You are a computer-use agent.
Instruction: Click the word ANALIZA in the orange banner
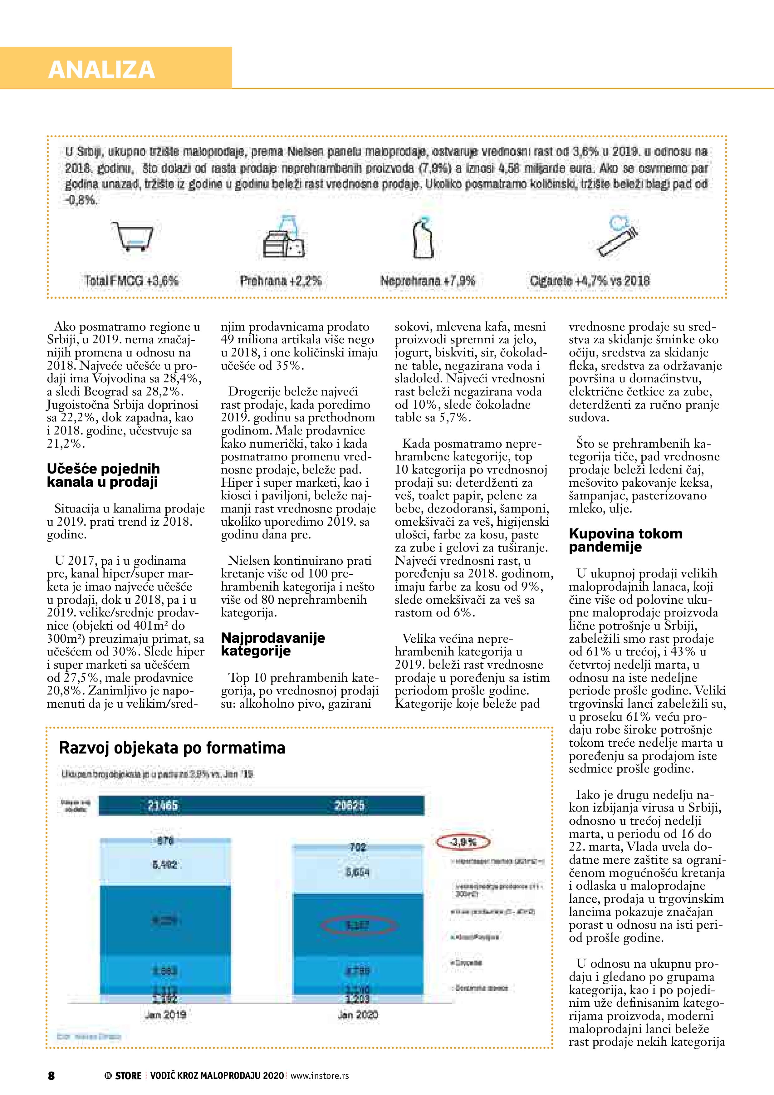coord(101,70)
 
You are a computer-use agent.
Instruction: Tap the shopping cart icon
coord(133,236)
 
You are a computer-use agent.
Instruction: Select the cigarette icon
coord(618,237)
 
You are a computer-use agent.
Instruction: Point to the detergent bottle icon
coord(423,238)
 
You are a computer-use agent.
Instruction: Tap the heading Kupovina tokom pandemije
coord(625,540)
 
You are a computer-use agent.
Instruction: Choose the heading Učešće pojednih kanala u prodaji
coord(103,475)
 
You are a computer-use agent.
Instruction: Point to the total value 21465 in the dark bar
coord(163,806)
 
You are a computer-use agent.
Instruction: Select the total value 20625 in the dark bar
coord(349,806)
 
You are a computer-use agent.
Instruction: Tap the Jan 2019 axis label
coord(165,1014)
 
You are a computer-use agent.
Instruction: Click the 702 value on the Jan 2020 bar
coord(358,847)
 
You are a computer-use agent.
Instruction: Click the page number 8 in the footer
coord(51,1075)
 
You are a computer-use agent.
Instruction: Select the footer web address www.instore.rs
coord(320,1075)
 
